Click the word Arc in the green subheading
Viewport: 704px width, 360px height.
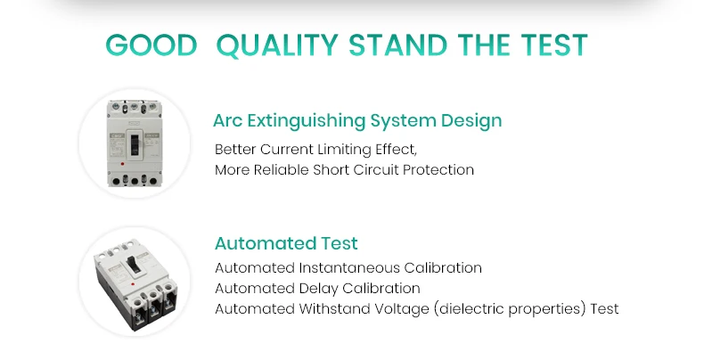pyautogui.click(x=228, y=120)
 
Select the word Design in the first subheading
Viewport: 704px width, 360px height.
pyautogui.click(x=473, y=120)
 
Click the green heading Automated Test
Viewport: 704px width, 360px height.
pyautogui.click(x=286, y=243)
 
